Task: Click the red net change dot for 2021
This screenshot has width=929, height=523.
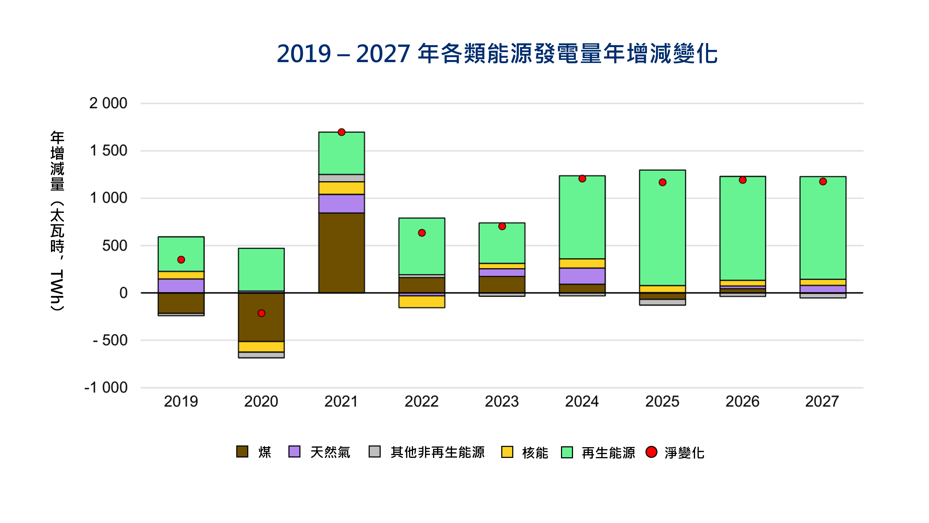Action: pyautogui.click(x=342, y=132)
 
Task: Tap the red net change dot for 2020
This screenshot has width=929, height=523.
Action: pyautogui.click(x=261, y=313)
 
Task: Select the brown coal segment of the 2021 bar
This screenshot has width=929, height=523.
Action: pyautogui.click(x=342, y=253)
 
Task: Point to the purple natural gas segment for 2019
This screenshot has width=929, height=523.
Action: pyautogui.click(x=181, y=285)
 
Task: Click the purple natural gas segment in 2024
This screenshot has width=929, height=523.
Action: pyautogui.click(x=582, y=276)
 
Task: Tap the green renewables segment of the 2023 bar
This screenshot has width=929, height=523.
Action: pyautogui.click(x=502, y=245)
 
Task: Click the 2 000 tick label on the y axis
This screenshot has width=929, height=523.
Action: pyautogui.click(x=108, y=103)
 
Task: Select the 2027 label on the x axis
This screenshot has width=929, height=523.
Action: pyautogui.click(x=822, y=401)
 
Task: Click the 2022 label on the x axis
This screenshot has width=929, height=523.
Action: pyautogui.click(x=422, y=401)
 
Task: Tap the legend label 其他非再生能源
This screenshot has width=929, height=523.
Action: pyautogui.click(x=437, y=452)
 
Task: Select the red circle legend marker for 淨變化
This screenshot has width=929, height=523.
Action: pyautogui.click(x=651, y=452)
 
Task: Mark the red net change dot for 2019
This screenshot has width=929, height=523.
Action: pyautogui.click(x=181, y=260)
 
